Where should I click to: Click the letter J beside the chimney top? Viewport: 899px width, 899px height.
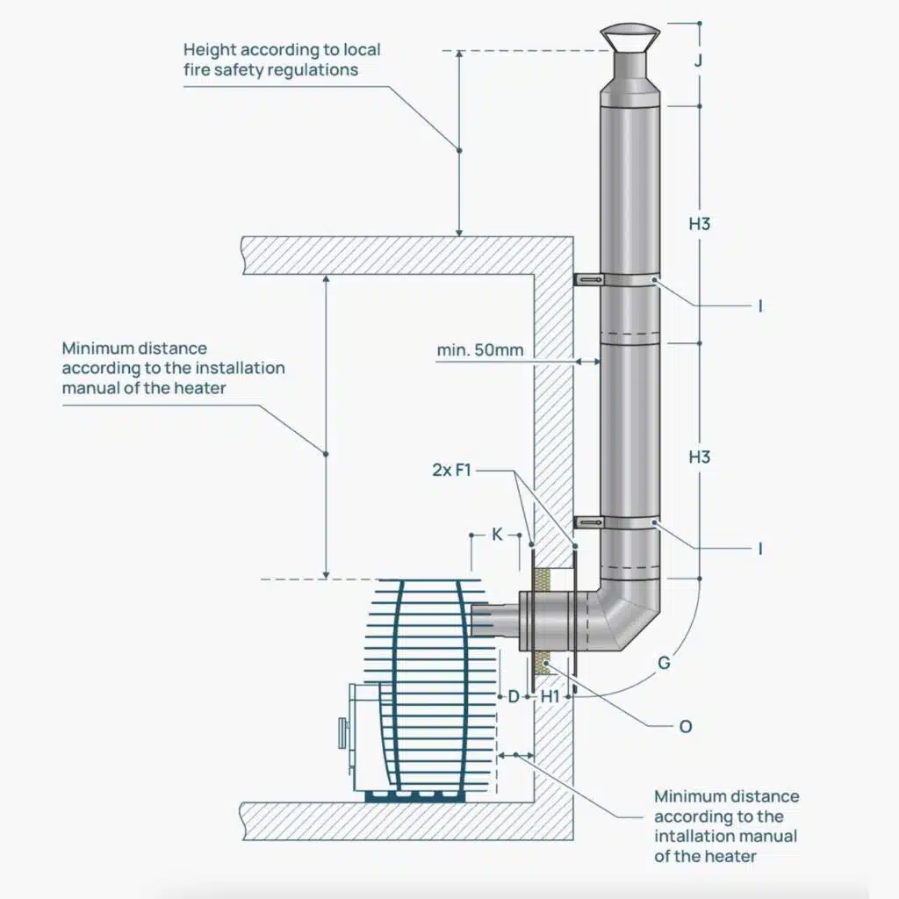click(x=698, y=61)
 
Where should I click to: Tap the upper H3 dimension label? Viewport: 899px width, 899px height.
click(x=699, y=224)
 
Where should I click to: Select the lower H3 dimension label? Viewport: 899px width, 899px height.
click(x=699, y=457)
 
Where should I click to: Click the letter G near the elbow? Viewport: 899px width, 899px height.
click(x=664, y=663)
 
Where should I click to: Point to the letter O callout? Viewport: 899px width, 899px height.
click(x=686, y=726)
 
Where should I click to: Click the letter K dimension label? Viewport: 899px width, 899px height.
click(x=497, y=534)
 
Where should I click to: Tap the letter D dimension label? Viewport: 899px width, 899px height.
click(x=514, y=696)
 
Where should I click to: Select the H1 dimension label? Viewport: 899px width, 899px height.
click(x=550, y=696)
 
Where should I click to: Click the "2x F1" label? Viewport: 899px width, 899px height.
click(x=452, y=470)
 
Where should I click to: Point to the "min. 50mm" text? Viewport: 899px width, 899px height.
click(x=480, y=350)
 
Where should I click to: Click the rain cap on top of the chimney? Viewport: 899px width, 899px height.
click(x=630, y=38)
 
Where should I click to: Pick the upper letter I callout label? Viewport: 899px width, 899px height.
click(x=760, y=306)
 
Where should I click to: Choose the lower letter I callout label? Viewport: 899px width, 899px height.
click(x=760, y=549)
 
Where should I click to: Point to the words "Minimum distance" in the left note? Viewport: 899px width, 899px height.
click(x=134, y=349)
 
